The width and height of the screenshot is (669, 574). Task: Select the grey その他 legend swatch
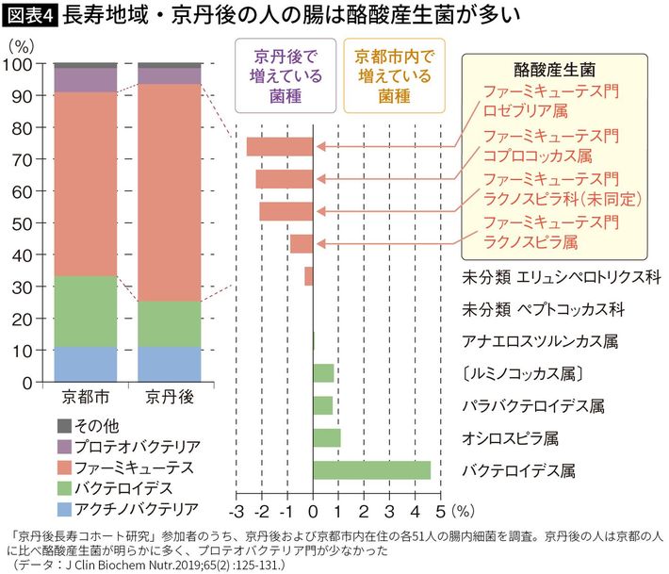pos(64,425)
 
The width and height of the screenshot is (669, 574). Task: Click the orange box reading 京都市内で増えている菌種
pos(394,75)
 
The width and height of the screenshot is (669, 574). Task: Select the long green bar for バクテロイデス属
pos(371,470)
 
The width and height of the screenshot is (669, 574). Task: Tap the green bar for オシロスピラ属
pos(326,437)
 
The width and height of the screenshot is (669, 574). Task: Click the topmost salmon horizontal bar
pos(279,147)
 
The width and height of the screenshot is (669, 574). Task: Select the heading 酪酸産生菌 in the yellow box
pos(552,70)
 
